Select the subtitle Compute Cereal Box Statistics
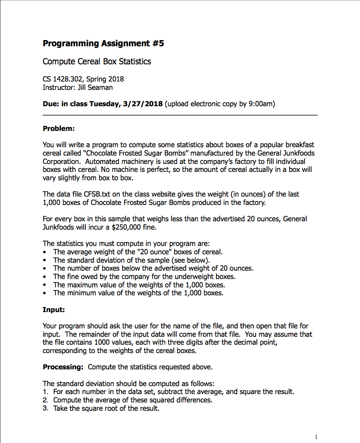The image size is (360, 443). click(97, 61)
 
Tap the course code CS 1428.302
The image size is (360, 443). click(62, 79)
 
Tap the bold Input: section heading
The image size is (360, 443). click(54, 310)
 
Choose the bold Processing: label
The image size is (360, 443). click(63, 367)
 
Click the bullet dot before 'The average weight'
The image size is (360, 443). click(45, 253)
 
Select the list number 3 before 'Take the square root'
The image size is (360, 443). click(45, 408)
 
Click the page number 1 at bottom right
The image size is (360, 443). click(316, 437)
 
